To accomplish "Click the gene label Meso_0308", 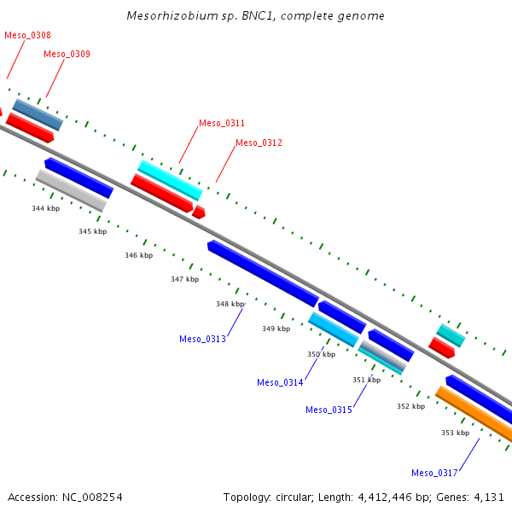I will [x=27, y=35].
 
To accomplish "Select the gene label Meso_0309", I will [x=67, y=54].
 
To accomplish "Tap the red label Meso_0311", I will [x=222, y=123].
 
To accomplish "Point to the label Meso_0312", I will [x=259, y=143].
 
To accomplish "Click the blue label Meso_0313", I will [x=202, y=339].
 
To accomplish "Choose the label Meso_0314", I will [x=280, y=382].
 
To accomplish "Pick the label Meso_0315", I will [x=329, y=410].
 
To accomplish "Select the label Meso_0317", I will [x=434, y=473].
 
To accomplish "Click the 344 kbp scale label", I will [x=46, y=208].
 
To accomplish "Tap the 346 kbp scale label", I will [x=138, y=255].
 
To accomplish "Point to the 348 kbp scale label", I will [x=230, y=304].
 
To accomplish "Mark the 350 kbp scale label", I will [x=321, y=354].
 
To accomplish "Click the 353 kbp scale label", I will [x=455, y=433].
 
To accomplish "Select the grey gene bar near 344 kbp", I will [x=71, y=190].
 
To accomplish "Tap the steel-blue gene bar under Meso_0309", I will [x=38, y=115].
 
